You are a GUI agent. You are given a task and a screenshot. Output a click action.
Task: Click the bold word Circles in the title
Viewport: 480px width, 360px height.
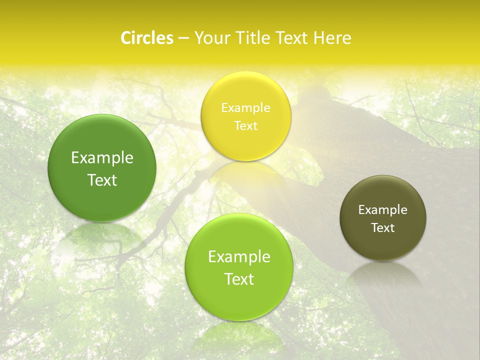[x=146, y=38]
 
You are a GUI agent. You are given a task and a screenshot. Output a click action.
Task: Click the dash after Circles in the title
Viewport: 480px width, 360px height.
[x=183, y=38]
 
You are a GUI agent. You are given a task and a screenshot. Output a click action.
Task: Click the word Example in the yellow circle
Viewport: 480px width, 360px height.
[x=246, y=107]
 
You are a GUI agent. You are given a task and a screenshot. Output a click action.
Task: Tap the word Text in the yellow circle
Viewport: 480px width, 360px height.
[x=246, y=125]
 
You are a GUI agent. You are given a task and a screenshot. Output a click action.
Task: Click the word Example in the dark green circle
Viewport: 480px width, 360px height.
[x=102, y=158]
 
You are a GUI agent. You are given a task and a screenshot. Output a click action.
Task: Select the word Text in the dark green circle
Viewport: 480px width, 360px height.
[x=102, y=180]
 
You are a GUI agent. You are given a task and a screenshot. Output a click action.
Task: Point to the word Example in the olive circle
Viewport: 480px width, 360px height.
[x=383, y=209]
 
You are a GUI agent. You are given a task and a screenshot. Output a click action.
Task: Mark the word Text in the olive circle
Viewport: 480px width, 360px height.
[x=383, y=227]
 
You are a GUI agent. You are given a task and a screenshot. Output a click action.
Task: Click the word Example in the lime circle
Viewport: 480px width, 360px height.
[x=239, y=257]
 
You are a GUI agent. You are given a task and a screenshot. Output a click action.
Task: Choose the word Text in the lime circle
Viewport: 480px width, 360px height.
[x=239, y=279]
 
